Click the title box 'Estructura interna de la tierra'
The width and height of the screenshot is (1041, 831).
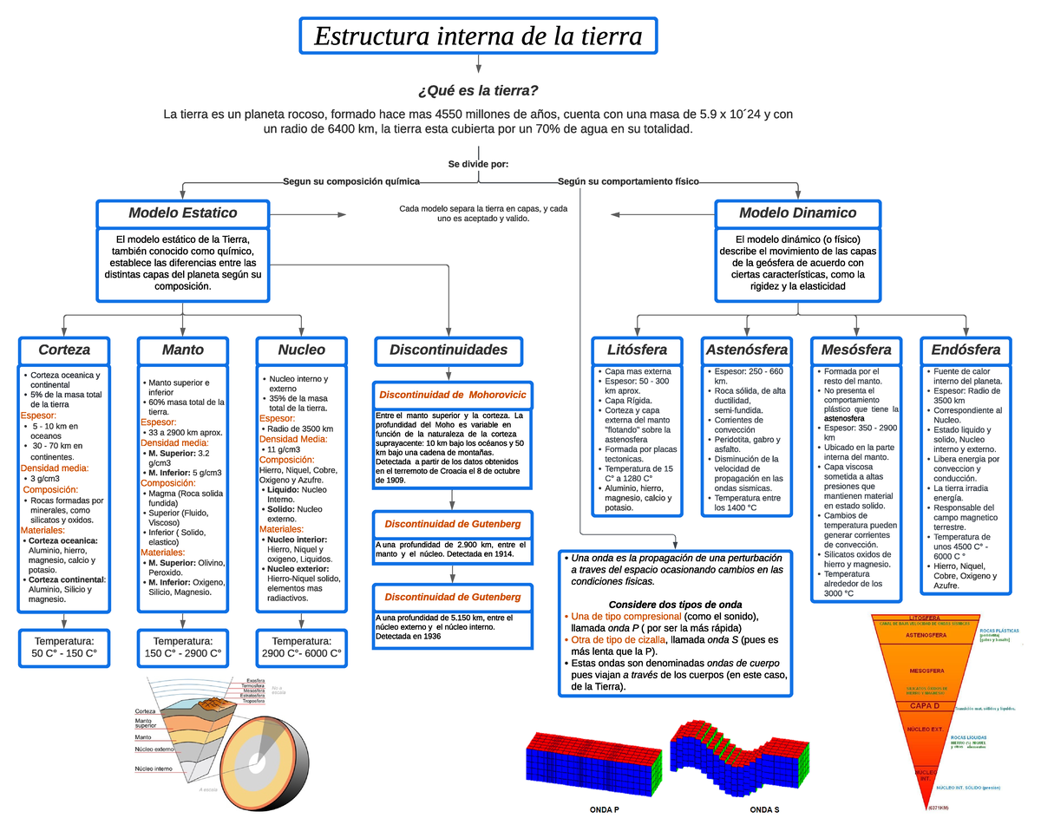[478, 37]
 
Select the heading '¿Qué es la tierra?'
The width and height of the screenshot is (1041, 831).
[478, 91]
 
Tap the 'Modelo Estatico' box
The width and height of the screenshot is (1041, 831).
[183, 213]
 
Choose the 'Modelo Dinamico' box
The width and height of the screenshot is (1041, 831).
[797, 213]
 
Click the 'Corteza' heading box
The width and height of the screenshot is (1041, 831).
[64, 350]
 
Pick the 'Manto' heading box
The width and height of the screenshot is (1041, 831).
[183, 350]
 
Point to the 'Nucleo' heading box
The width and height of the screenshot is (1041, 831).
[302, 350]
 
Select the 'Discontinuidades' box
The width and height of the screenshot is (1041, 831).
[448, 350]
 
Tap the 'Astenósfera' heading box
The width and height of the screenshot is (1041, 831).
[747, 350]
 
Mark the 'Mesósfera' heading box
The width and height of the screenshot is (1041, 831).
[856, 350]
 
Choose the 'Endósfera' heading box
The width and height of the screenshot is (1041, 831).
[966, 350]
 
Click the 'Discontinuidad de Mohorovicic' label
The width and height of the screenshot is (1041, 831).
[450, 396]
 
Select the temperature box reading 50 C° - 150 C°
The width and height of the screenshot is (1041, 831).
[64, 647]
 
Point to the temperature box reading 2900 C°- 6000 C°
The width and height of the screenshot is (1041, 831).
[302, 647]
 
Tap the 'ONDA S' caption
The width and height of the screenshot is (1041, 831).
[764, 810]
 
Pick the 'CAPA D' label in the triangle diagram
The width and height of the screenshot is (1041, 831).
[924, 705]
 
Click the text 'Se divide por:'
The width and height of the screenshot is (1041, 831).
[478, 164]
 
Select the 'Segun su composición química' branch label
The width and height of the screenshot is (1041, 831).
[351, 182]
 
